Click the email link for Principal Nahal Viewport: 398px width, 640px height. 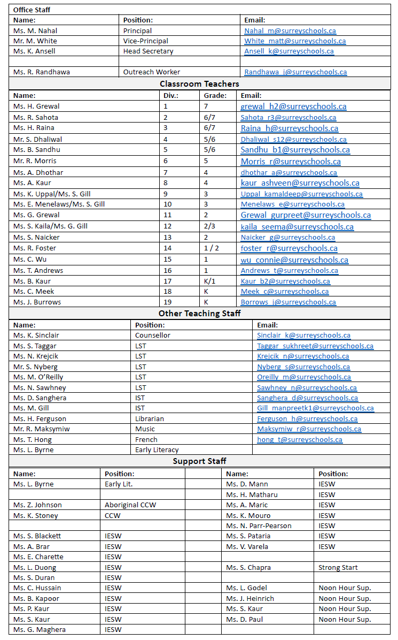click(290, 31)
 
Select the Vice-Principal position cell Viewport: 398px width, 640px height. click(145, 41)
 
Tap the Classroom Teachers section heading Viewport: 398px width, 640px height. click(199, 84)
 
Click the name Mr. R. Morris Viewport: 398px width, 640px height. click(35, 161)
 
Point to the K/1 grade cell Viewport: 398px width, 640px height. click(209, 281)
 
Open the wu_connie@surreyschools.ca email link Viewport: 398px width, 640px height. click(294, 260)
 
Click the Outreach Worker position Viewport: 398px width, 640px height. click(152, 72)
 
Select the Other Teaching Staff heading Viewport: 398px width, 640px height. click(199, 314)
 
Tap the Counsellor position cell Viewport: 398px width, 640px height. click(153, 336)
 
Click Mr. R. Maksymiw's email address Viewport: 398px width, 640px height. click(309, 429)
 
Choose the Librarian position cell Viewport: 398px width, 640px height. click(150, 419)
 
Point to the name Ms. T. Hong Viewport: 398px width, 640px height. click(33, 440)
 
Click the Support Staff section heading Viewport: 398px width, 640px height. click(199, 461)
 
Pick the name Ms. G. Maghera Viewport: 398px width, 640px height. click(36, 630)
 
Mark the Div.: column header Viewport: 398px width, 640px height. click(171, 96)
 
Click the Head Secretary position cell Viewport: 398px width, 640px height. click(149, 51)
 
